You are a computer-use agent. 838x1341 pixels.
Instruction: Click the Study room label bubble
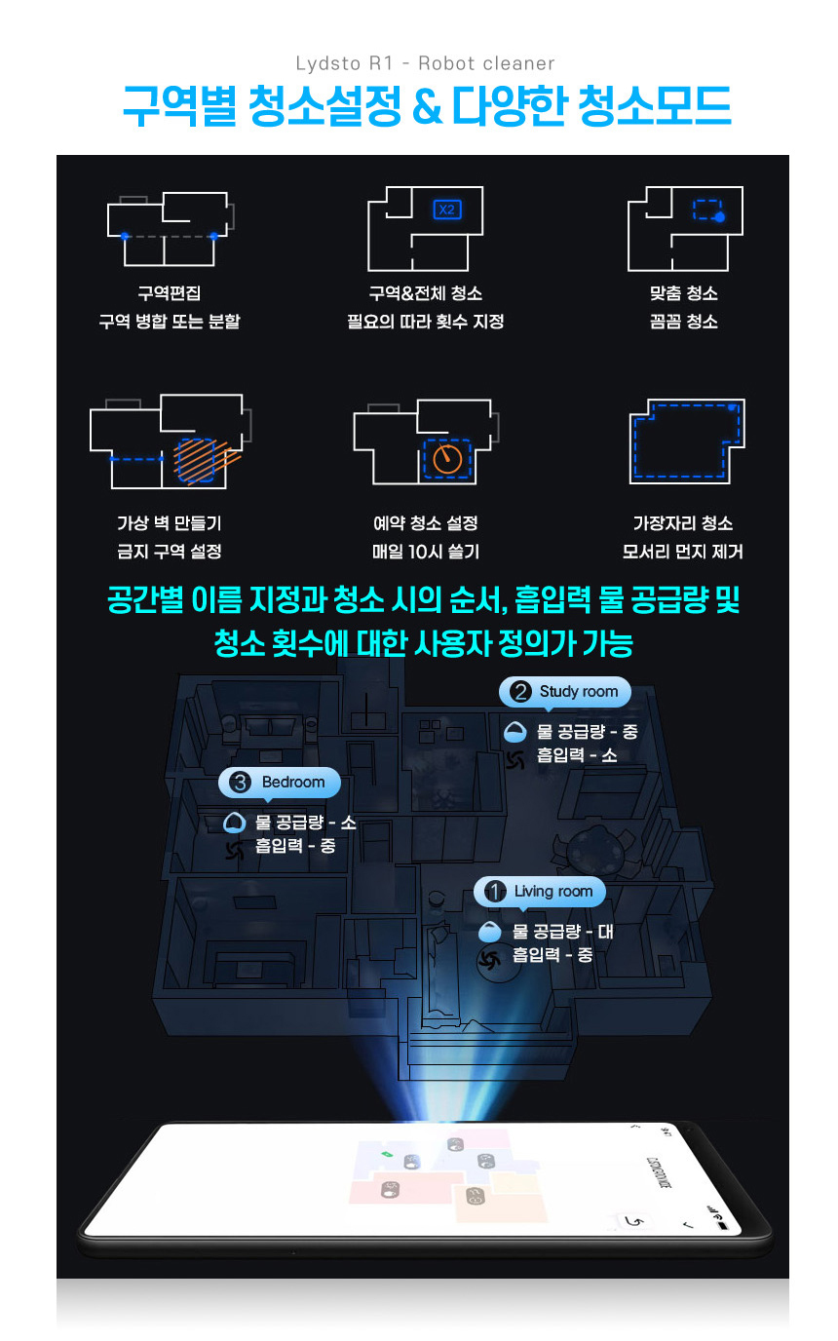(x=565, y=692)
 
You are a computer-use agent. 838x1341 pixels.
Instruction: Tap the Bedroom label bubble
(x=279, y=783)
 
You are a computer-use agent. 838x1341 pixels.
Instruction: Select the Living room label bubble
(x=540, y=892)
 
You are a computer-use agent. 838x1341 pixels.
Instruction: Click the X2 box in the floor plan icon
(x=446, y=210)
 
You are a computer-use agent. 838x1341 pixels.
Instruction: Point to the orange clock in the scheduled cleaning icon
(x=446, y=458)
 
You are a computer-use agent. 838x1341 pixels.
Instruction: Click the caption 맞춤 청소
(x=683, y=293)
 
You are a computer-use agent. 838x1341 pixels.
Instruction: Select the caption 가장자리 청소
(x=683, y=523)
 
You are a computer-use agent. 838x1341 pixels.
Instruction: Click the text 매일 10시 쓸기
(x=426, y=552)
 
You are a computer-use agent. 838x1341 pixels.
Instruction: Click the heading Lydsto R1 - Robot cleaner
(x=425, y=63)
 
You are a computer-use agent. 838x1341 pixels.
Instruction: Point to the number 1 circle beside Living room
(x=496, y=892)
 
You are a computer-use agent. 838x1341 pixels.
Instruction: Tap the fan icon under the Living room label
(x=490, y=959)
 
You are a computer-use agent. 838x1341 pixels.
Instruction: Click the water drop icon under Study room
(x=515, y=731)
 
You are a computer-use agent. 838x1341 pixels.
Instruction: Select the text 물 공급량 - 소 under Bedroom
(x=305, y=823)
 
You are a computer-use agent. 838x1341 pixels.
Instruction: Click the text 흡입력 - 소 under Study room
(x=577, y=755)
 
